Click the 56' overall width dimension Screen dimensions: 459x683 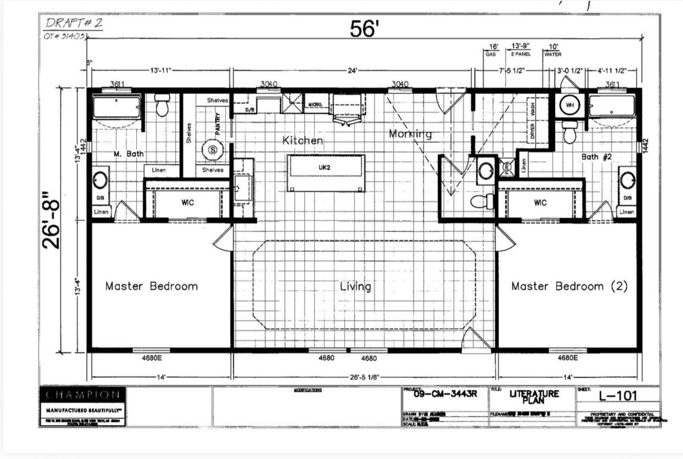[x=365, y=29]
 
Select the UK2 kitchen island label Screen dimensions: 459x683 [x=326, y=167]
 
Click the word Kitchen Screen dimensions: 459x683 [x=303, y=141]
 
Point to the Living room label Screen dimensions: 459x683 [x=355, y=286]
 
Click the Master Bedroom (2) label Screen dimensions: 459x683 [x=569, y=286]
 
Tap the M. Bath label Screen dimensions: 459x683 [x=128, y=154]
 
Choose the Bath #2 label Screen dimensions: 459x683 [x=597, y=157]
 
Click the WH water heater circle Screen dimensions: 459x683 [x=569, y=105]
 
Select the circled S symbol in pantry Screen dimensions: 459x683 [x=212, y=149]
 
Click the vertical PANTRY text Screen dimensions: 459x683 [x=218, y=124]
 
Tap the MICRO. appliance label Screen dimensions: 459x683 [x=315, y=104]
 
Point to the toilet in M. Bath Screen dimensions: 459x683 [x=161, y=105]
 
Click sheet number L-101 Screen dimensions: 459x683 [x=618, y=396]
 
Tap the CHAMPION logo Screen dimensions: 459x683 [x=82, y=395]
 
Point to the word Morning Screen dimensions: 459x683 [x=410, y=134]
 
